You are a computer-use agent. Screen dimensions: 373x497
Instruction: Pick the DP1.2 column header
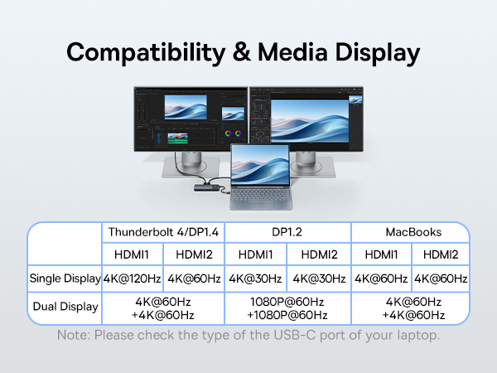(287, 232)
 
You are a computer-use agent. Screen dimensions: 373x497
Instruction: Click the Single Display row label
(65, 279)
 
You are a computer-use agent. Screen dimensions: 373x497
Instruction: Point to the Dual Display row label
(65, 307)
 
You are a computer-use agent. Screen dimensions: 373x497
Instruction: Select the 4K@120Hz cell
(132, 279)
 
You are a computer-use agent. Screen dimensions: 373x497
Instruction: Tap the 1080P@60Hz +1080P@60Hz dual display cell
(287, 308)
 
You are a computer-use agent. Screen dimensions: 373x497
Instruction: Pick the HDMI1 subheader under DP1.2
(256, 255)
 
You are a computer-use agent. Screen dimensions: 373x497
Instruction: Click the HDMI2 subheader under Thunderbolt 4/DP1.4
(194, 255)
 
